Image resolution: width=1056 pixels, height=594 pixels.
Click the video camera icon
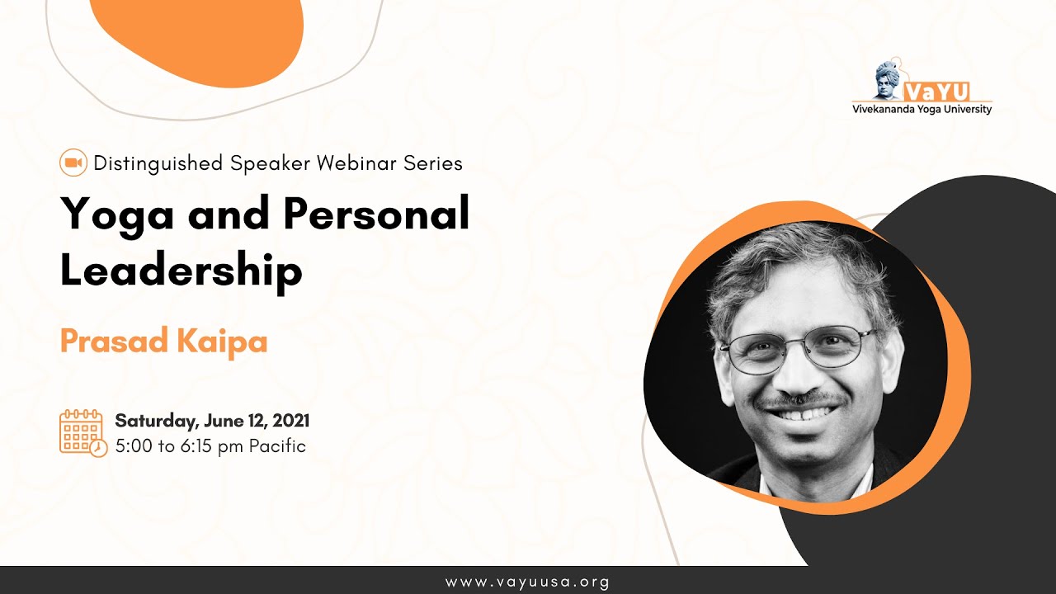(73, 163)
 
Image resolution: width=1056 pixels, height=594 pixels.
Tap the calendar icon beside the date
(82, 432)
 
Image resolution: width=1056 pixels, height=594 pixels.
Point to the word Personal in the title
(376, 214)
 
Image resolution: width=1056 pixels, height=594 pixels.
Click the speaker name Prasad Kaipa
(163, 341)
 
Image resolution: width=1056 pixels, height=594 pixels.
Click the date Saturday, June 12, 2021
(212, 421)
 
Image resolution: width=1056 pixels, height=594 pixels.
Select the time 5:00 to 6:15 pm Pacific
(210, 446)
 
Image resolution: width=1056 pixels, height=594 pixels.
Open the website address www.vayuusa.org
(527, 582)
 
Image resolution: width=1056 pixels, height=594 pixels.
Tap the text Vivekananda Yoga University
(922, 109)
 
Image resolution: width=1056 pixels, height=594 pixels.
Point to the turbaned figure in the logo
(889, 80)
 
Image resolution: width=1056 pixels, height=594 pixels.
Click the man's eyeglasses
(796, 347)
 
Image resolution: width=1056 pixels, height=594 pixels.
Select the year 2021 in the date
(290, 421)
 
